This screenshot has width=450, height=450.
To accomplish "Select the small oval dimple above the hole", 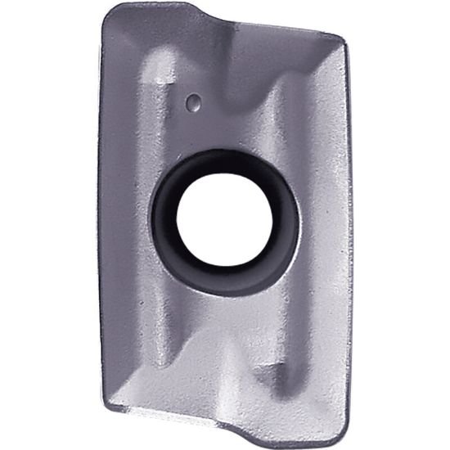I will (x=194, y=102).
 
